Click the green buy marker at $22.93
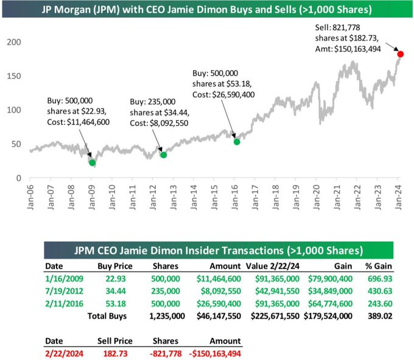coord(92,163)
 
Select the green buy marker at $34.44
coord(163,155)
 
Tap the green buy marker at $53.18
coord(237,141)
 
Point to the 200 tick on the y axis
coord(13,42)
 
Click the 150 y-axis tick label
coord(13,76)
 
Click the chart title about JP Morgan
coord(208,10)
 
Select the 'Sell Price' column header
coord(113,341)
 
